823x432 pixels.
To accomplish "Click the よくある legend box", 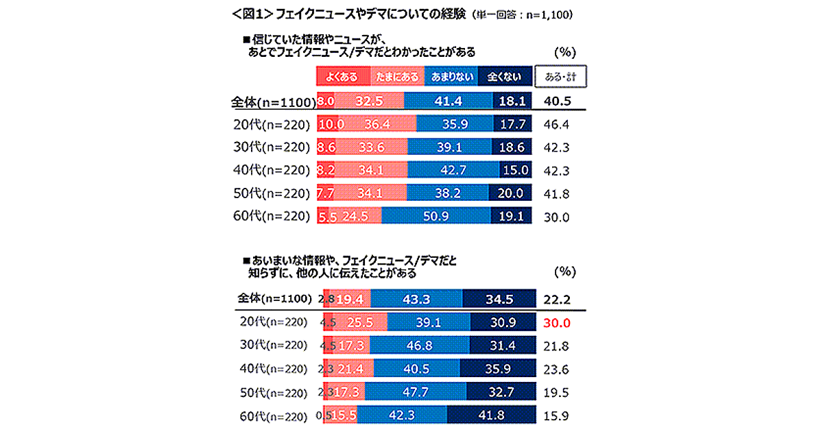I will [342, 77].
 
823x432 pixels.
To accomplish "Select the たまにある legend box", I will [398, 77].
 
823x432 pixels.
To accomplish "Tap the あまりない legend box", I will [452, 77].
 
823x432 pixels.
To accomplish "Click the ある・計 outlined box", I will [562, 77].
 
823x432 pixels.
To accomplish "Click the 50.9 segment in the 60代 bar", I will [436, 215].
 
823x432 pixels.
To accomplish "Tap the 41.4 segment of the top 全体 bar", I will [449, 101].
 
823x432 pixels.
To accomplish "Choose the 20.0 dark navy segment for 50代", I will [512, 193].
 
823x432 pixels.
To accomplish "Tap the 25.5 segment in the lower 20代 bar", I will [361, 322].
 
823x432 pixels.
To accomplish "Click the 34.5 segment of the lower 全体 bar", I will [498, 299].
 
